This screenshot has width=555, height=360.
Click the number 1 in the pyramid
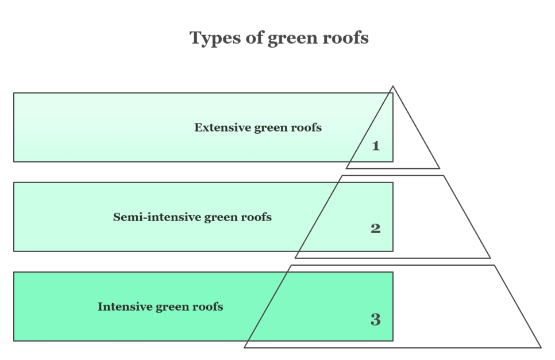coord(376,146)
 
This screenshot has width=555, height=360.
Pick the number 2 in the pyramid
coord(376,229)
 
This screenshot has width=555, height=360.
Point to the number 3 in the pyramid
coord(376,320)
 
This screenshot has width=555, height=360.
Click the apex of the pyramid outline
coord(393,87)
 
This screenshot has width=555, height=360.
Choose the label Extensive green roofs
coord(258,127)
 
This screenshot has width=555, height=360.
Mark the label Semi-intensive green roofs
coord(192,217)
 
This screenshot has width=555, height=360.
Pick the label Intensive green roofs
coord(160,307)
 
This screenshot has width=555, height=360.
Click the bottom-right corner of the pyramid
coord(541,347)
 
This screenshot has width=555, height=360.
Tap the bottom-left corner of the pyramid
coord(245,347)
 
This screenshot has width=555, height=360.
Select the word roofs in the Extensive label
coord(307,127)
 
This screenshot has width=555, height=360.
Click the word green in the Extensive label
coord(272,128)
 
